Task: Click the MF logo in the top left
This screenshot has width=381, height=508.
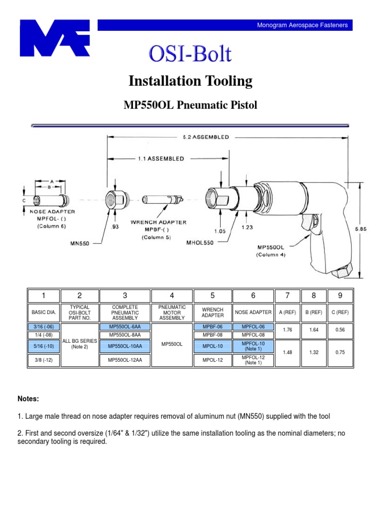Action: point(55,38)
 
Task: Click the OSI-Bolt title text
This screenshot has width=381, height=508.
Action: point(190,54)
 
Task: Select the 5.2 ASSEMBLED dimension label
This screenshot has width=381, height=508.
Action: point(203,137)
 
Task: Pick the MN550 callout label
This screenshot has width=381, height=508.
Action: point(78,243)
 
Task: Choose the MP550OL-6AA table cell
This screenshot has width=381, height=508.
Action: point(125,327)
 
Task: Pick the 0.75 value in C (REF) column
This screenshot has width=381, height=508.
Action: point(340,352)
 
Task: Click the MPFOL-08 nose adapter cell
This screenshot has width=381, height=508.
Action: point(253,335)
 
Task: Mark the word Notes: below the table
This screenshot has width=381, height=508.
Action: point(28,399)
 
